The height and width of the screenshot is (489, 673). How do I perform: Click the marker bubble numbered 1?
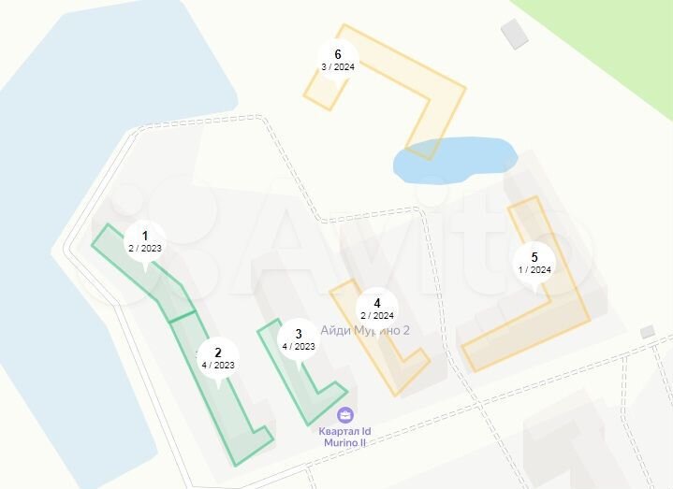tap(144, 241)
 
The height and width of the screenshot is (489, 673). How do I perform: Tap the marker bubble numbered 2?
tap(218, 358)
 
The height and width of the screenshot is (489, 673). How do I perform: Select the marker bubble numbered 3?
tap(298, 339)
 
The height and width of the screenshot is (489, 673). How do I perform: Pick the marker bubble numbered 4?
tap(376, 308)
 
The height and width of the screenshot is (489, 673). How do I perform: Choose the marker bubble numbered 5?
tap(534, 263)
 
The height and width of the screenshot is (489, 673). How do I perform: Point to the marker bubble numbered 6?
tap(337, 60)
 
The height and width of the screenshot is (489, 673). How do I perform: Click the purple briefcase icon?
tap(345, 414)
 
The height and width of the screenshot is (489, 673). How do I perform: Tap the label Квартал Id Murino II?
tap(344, 436)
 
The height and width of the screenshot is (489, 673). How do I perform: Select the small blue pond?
tap(454, 160)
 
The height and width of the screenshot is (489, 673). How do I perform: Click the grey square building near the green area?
tap(515, 34)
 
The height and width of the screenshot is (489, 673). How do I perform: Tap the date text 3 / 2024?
tap(337, 67)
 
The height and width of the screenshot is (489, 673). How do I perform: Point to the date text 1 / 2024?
tap(534, 269)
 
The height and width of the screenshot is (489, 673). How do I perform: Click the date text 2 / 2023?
tap(144, 248)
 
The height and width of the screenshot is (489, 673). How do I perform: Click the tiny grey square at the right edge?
tap(647, 332)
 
